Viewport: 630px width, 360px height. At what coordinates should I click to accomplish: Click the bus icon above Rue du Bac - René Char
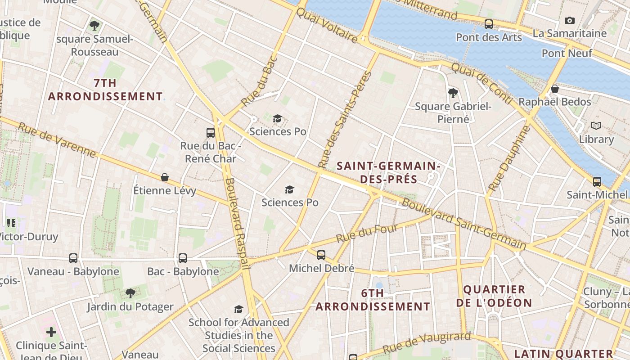point(210,132)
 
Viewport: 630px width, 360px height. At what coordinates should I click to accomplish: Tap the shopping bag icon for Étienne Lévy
point(165,177)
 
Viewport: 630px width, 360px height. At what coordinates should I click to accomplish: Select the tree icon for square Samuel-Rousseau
point(94,25)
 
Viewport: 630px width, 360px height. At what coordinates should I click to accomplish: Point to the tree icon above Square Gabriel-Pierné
point(453,93)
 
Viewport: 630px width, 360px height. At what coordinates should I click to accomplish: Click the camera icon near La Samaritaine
point(569,20)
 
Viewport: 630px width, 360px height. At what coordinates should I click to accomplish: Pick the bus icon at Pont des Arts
point(489,24)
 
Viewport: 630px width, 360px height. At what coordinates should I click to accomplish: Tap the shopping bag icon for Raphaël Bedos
point(555,89)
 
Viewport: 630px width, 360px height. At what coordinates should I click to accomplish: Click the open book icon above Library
point(596,126)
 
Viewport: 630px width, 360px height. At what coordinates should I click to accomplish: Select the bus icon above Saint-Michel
point(597,181)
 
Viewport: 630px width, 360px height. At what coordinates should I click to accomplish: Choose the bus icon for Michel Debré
point(321,255)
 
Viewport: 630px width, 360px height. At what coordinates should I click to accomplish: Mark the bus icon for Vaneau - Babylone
point(73,258)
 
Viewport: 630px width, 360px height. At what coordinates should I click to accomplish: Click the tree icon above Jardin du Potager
point(130,293)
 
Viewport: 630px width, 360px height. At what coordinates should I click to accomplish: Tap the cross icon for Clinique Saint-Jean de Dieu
point(51,332)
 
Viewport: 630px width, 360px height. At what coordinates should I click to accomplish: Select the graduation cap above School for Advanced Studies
point(238,309)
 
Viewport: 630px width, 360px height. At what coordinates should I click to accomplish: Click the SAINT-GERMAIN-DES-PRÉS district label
point(389,172)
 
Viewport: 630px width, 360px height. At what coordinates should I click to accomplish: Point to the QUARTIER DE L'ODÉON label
point(494,296)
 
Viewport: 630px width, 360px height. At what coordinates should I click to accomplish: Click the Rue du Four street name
point(367,233)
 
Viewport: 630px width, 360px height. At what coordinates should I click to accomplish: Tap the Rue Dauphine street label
point(510,157)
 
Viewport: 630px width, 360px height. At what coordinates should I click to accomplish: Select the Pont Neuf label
point(567,53)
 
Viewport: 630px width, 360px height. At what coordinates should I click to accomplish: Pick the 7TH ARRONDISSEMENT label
point(105,90)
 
